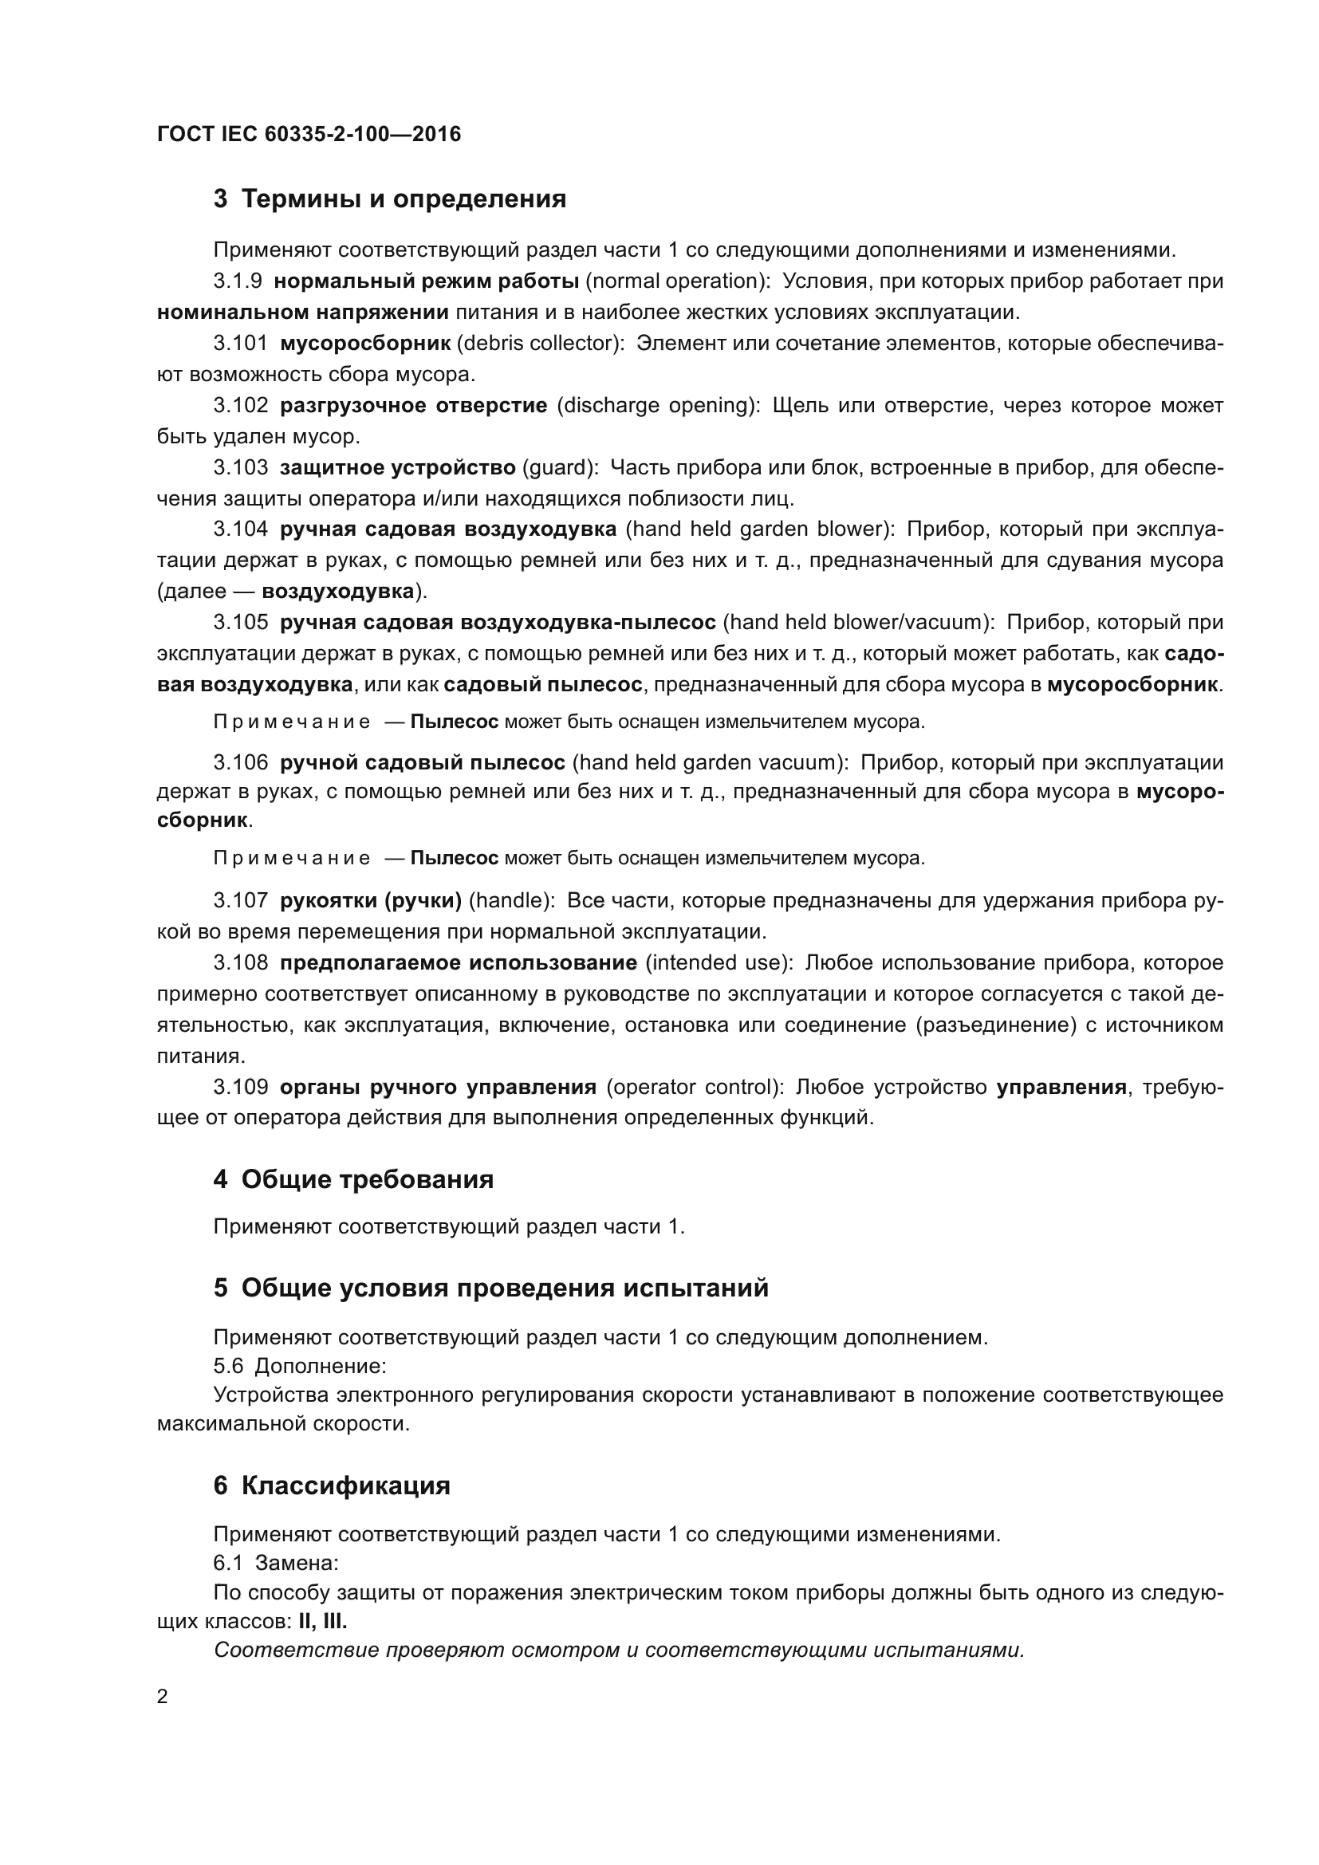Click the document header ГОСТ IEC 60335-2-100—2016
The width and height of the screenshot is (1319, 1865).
click(x=309, y=134)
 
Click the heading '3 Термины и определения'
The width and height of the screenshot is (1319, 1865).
click(x=390, y=199)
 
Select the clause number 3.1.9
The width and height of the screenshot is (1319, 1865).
click(x=237, y=281)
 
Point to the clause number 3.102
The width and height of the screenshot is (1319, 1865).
click(x=240, y=405)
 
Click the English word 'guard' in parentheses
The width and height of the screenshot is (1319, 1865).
click(x=560, y=468)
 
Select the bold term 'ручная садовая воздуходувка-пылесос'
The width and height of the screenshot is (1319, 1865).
click(x=497, y=623)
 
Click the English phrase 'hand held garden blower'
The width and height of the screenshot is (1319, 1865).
click(x=758, y=529)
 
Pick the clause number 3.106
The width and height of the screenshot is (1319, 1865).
click(x=240, y=763)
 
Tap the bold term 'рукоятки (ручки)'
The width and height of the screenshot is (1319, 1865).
click(x=370, y=901)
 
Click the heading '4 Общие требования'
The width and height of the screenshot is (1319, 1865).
click(x=353, y=1179)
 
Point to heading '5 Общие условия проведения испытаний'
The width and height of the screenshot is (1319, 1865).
click(x=490, y=1289)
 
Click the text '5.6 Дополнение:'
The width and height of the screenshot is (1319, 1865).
click(x=299, y=1367)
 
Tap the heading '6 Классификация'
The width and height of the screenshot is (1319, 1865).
click(x=332, y=1485)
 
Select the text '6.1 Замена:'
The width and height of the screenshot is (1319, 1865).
click(x=275, y=1564)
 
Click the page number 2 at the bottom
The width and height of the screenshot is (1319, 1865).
click(x=162, y=1697)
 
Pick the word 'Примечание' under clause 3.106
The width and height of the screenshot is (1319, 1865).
click(x=292, y=859)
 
